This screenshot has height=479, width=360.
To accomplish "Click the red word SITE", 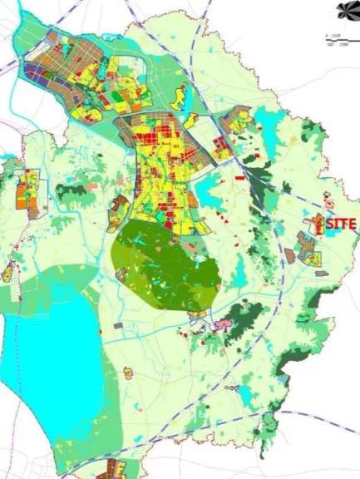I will tap(341, 225).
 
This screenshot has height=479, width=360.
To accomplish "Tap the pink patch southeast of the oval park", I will tap(222, 325).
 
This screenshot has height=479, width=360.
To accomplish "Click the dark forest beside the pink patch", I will tap(245, 320).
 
